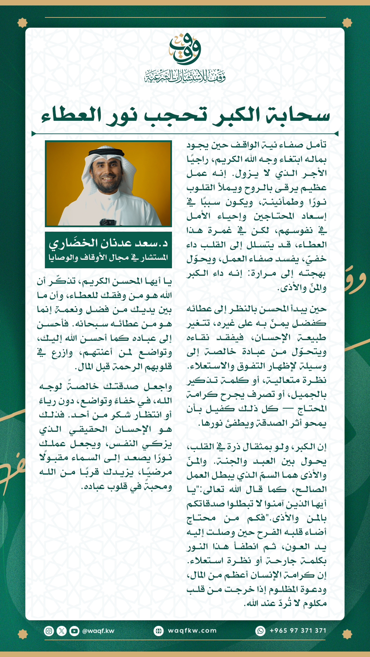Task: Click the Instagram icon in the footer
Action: pos(49,631)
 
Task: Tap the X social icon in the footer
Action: pos(62,631)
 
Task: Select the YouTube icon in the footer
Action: pos(74,631)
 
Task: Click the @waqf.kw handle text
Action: pos(98,631)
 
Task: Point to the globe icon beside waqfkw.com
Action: pos(159,631)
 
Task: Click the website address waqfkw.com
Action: pos(192,631)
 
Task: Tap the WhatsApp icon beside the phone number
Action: pos(261,631)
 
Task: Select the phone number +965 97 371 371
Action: pos(298,631)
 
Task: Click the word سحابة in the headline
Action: pos(298,115)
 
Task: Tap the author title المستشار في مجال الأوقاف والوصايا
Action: pos(108,257)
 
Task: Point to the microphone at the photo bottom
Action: pos(107,222)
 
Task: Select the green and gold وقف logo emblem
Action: pos(185,49)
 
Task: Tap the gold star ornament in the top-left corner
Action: pos(23,23)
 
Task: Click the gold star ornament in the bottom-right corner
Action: pos(347,634)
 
